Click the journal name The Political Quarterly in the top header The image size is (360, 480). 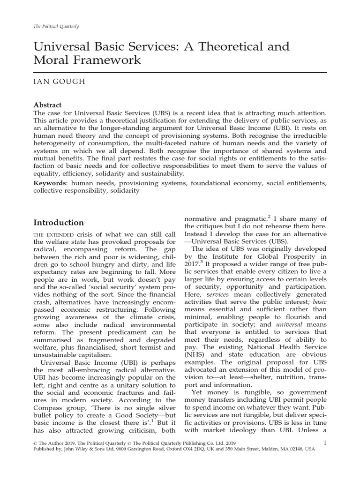[55, 26]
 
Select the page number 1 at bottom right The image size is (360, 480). [325, 442]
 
